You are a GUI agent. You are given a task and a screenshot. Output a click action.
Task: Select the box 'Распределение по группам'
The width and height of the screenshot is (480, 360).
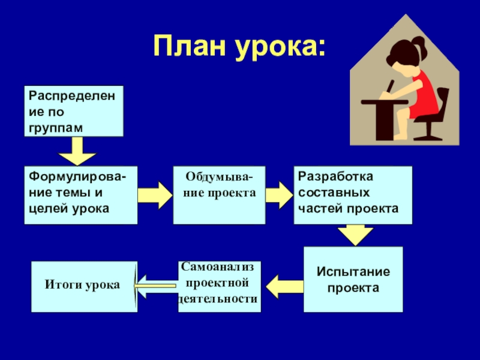pyautogui.click(x=73, y=111)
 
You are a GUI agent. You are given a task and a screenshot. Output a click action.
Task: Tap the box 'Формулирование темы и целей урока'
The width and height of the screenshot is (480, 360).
pyautogui.click(x=80, y=195)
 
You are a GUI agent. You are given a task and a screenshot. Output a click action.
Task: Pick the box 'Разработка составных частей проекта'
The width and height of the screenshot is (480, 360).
pyautogui.click(x=353, y=195)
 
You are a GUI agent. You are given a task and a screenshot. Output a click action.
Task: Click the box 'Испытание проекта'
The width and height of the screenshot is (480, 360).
pyautogui.click(x=353, y=279)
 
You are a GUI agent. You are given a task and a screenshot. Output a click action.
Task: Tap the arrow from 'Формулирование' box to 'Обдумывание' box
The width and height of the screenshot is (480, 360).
pyautogui.click(x=154, y=195)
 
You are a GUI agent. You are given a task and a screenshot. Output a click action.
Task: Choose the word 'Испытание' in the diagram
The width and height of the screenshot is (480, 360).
pyautogui.click(x=353, y=271)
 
